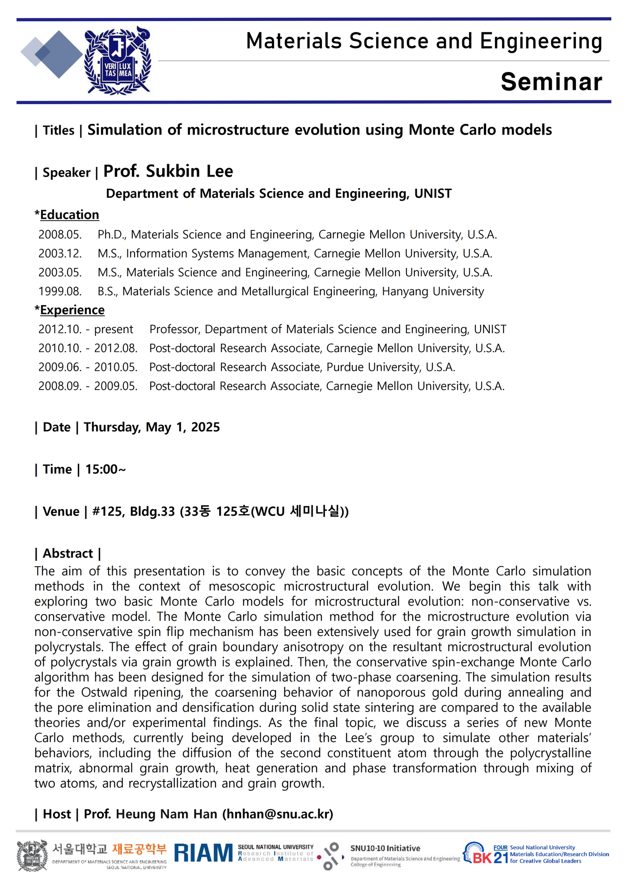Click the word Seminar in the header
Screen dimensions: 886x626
tap(551, 82)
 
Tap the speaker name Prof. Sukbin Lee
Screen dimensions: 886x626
tap(168, 171)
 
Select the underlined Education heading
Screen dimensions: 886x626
tap(69, 215)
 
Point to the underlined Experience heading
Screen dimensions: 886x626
tap(72, 310)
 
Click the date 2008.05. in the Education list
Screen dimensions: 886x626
tap(60, 234)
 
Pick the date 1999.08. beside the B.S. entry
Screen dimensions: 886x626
tap(60, 291)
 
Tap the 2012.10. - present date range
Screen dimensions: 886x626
tap(85, 329)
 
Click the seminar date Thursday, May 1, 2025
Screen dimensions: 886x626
tap(152, 427)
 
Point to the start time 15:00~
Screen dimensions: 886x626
tap(106, 469)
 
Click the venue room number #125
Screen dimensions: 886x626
tap(107, 511)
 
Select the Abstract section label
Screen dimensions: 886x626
tap(68, 554)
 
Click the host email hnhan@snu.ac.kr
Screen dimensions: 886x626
tap(278, 814)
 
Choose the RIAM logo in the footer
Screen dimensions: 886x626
tap(203, 853)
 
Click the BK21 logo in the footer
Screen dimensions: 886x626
tap(486, 854)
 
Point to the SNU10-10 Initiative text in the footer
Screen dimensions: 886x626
tap(385, 848)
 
